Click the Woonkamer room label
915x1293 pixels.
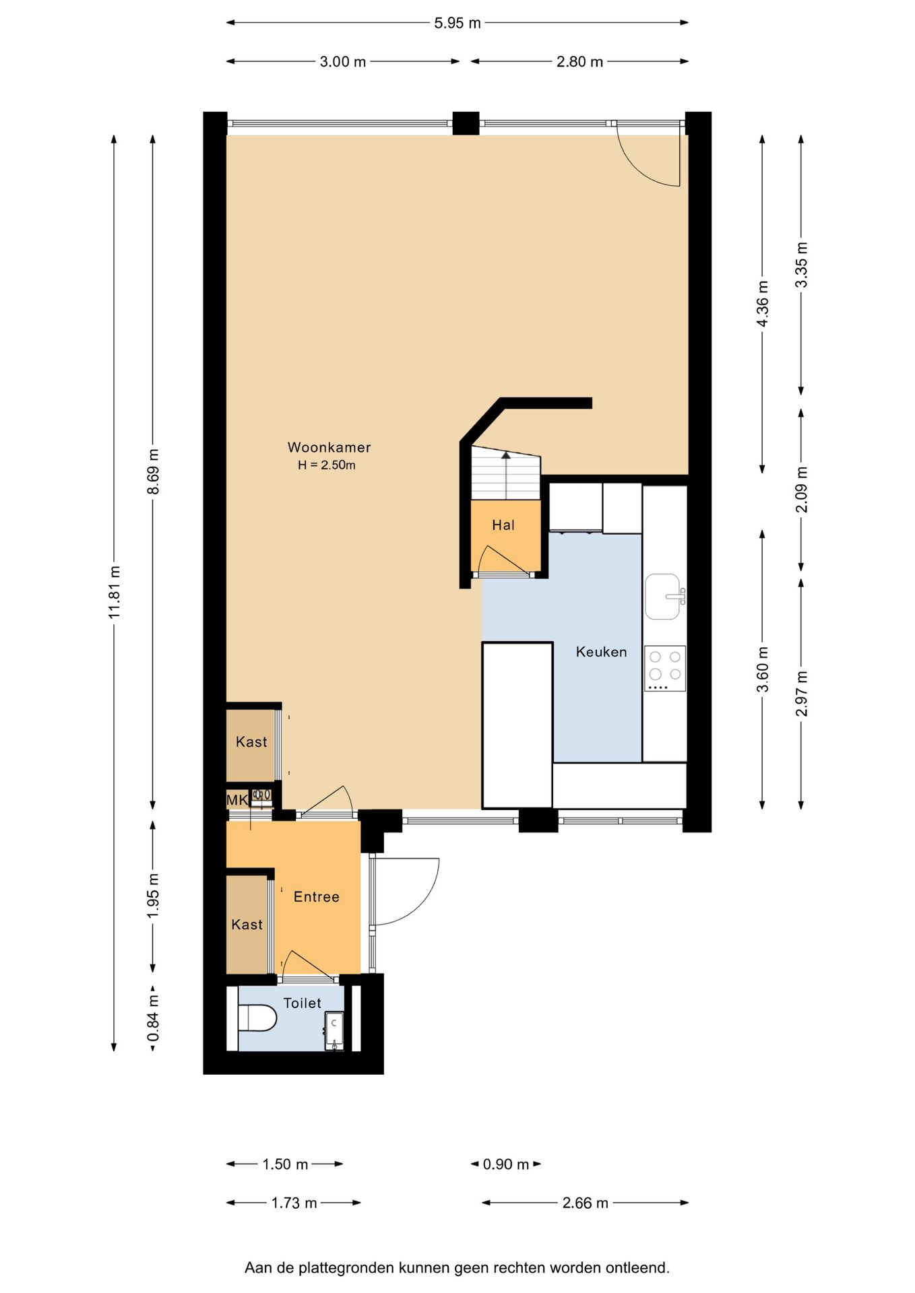pyautogui.click(x=329, y=447)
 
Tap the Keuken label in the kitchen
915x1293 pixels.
pyautogui.click(x=601, y=652)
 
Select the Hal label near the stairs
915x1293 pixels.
pyautogui.click(x=503, y=525)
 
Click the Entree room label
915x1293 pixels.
pyautogui.click(x=316, y=897)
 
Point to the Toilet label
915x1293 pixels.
pyautogui.click(x=302, y=1003)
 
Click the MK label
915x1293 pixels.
pyautogui.click(x=236, y=800)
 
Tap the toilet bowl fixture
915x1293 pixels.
pyautogui.click(x=258, y=1018)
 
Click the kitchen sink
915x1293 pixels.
pyautogui.click(x=663, y=597)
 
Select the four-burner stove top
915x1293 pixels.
pyautogui.click(x=665, y=669)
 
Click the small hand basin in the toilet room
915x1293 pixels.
pyautogui.click(x=334, y=1030)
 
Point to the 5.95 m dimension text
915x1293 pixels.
pyautogui.click(x=458, y=23)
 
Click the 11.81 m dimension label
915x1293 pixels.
pyautogui.click(x=115, y=593)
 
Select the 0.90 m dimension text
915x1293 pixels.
pyautogui.click(x=505, y=1164)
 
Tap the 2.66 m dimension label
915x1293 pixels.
pyautogui.click(x=585, y=1203)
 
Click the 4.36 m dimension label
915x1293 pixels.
pyautogui.click(x=763, y=304)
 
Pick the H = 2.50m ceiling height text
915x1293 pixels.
pyautogui.click(x=327, y=465)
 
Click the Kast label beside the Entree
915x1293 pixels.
pyautogui.click(x=247, y=925)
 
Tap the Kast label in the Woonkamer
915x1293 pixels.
pyautogui.click(x=251, y=742)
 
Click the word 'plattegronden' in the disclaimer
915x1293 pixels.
pyautogui.click(x=346, y=1268)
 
